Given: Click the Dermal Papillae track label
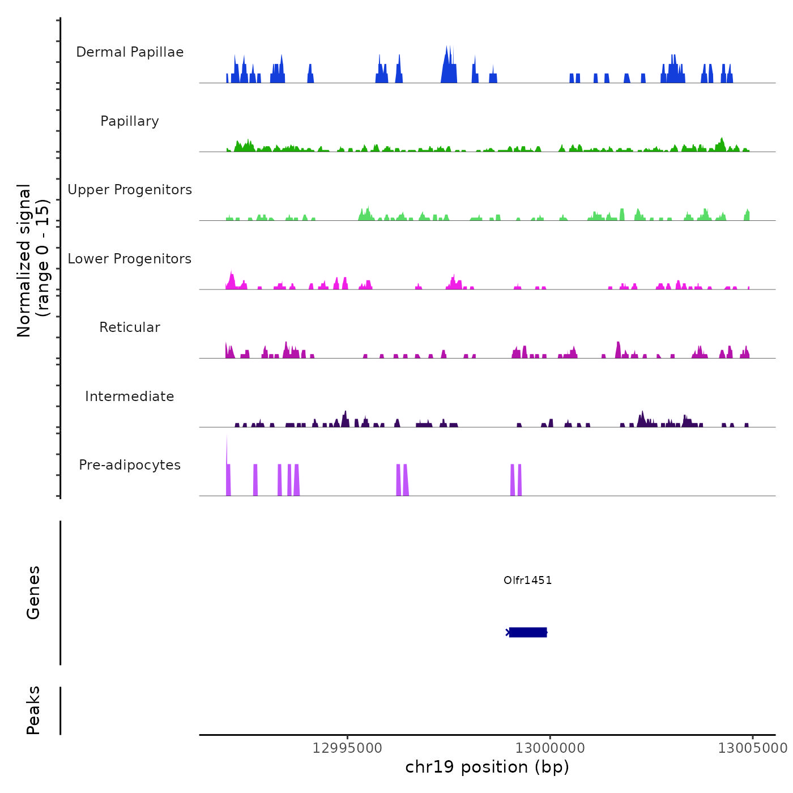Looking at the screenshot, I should pos(130,52).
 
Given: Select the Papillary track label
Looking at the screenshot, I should pos(130,121).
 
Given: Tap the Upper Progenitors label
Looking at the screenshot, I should pos(130,190).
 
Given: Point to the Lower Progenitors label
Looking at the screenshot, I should pos(130,259).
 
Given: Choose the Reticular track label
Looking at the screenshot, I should pos(130,327).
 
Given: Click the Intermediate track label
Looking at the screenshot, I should pos(130,396).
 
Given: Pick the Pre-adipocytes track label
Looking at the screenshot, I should pos(130,465).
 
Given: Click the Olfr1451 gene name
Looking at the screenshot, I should pos(527,580).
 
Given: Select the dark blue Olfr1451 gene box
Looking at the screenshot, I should pos(528,632).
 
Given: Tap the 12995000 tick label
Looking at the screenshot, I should pos(347,748).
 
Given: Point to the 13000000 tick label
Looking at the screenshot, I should pos(550,748).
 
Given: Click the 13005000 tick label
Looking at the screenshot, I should pos(753,748).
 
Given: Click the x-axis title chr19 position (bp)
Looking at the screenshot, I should pos(487,767).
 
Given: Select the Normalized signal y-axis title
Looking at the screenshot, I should pos(33,260).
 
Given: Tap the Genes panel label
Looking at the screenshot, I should pos(33,592).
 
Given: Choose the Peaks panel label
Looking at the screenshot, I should pos(33,710).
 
